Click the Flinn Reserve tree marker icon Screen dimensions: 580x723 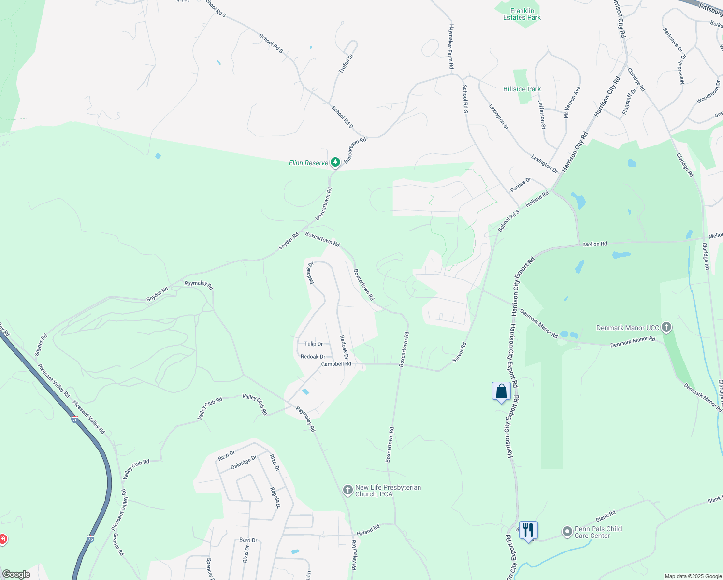pyautogui.click(x=335, y=162)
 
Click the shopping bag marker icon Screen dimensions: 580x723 pyautogui.click(x=501, y=391)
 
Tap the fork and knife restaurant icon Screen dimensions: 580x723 pyautogui.click(x=528, y=530)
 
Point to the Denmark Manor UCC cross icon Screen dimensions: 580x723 pyautogui.click(x=666, y=328)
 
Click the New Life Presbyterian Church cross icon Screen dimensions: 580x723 pyautogui.click(x=347, y=491)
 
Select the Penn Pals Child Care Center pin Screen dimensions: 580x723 pyautogui.click(x=567, y=532)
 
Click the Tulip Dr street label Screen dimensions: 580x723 pyautogui.click(x=314, y=344)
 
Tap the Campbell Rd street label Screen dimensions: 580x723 pyautogui.click(x=336, y=364)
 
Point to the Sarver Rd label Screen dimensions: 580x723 pyautogui.click(x=459, y=352)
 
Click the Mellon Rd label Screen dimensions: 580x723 pyautogui.click(x=595, y=244)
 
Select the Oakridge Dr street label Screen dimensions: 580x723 pyautogui.click(x=244, y=463)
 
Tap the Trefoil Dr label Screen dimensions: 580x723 pyautogui.click(x=346, y=63)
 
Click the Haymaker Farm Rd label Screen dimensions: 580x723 pyautogui.click(x=451, y=46)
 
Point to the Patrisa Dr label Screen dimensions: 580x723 pyautogui.click(x=521, y=184)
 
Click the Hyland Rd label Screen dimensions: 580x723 pyautogui.click(x=368, y=530)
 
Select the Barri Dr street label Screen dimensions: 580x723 pyautogui.click(x=248, y=540)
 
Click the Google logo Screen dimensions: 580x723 pyautogui.click(x=16, y=574)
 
